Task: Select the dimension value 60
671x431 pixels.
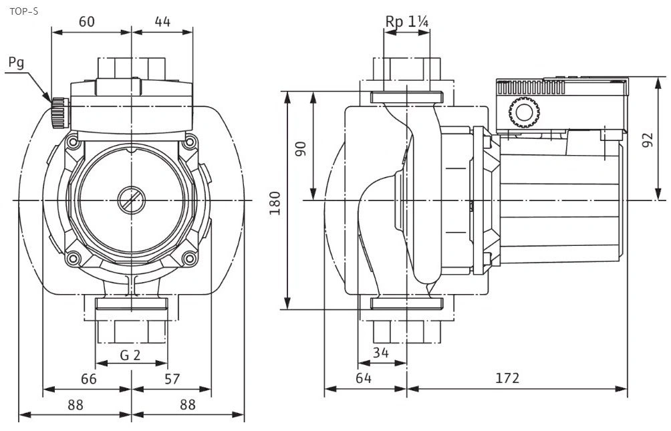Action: pos(87,21)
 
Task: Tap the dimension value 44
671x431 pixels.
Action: pos(162,21)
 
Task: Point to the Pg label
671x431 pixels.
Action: pos(17,63)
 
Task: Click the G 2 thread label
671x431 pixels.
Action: pos(130,355)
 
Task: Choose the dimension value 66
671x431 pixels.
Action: pos(89,379)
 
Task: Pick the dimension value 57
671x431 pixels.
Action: pos(172,379)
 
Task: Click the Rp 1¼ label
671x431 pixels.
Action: pos(406,21)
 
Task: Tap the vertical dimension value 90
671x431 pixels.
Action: pos(301,148)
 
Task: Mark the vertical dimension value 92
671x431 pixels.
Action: pos(646,140)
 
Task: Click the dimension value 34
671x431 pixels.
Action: pos(382,353)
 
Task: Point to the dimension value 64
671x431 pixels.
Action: pos(363,378)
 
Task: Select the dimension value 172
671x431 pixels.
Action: pos(508,378)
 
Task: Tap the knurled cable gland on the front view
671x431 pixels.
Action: pos(59,112)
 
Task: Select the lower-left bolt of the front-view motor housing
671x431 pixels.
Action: pos(74,257)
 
